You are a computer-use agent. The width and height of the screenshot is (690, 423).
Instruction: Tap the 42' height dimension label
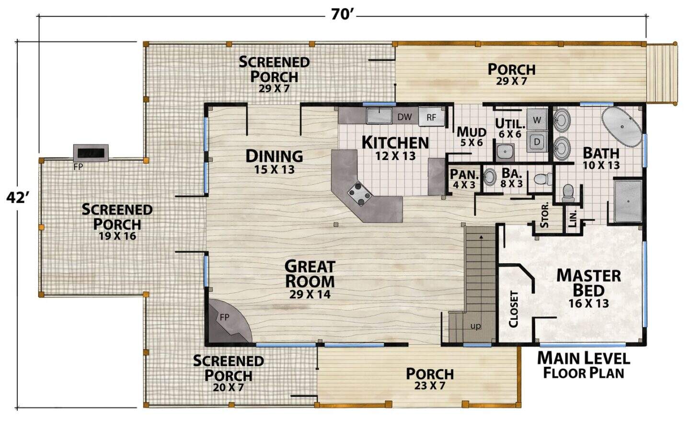(x=18, y=198)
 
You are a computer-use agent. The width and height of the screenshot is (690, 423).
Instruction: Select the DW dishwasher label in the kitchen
(x=404, y=117)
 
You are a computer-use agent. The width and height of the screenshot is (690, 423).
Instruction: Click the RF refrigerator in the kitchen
(x=431, y=117)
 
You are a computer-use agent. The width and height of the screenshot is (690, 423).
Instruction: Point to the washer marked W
(x=537, y=119)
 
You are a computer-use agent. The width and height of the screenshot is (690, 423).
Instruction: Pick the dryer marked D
(x=537, y=141)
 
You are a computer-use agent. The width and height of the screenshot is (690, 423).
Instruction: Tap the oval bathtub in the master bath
(x=622, y=127)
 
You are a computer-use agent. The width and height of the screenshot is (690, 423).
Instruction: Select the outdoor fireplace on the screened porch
(x=91, y=153)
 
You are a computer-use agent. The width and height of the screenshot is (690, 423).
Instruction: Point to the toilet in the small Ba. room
(x=543, y=178)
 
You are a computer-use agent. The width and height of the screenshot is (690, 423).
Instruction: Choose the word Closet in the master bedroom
(x=514, y=309)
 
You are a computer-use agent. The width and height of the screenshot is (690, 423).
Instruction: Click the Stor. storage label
(x=545, y=215)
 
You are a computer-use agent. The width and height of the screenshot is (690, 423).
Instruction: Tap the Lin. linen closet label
(x=573, y=219)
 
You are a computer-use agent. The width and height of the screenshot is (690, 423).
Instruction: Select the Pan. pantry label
(x=464, y=175)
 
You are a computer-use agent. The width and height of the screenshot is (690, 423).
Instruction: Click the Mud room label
(x=471, y=132)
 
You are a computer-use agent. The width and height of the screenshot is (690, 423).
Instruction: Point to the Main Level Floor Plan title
(x=584, y=365)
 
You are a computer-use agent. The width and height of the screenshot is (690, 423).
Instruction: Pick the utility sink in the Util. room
(x=505, y=152)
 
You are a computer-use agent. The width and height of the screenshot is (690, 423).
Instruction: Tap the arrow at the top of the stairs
(x=481, y=237)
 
